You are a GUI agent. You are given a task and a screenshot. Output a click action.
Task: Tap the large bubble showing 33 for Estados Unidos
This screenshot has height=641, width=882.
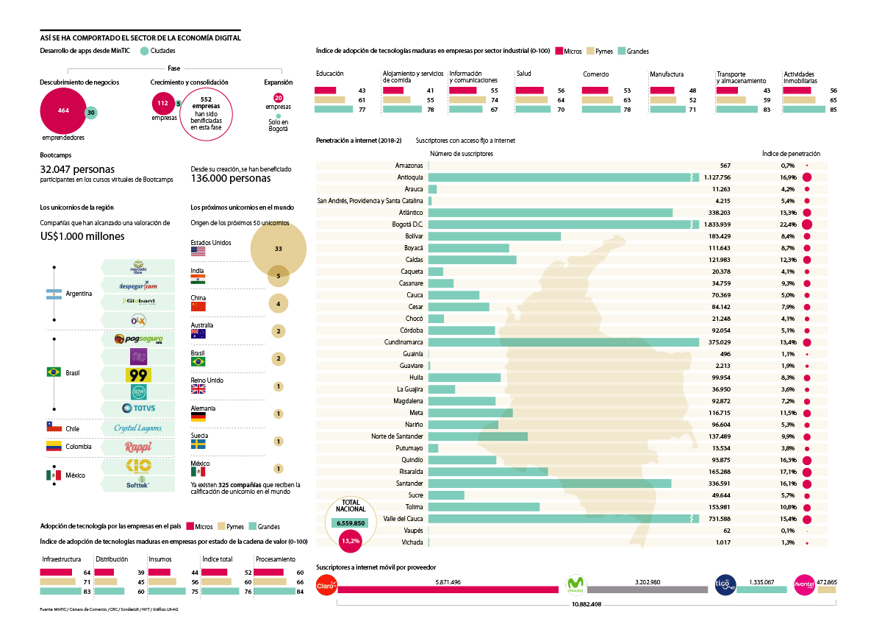pyautogui.click(x=278, y=249)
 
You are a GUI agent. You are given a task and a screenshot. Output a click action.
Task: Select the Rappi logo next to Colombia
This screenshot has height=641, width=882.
pyautogui.click(x=138, y=447)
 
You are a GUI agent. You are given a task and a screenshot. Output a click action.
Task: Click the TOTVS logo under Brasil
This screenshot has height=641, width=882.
pyautogui.click(x=138, y=408)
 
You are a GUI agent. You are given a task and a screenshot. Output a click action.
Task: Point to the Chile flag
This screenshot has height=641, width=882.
pyautogui.click(x=54, y=428)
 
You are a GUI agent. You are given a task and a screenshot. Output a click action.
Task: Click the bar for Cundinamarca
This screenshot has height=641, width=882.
pyautogui.click(x=563, y=342)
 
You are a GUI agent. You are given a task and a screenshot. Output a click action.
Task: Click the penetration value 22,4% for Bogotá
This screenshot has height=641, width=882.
pyautogui.click(x=789, y=224)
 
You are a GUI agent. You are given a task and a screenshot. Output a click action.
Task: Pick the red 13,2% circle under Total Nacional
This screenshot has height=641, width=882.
pyautogui.click(x=350, y=541)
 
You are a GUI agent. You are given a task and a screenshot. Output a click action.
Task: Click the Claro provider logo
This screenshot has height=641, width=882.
pyautogui.click(x=326, y=586)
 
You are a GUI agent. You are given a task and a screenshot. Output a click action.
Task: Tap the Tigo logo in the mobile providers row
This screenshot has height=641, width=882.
pyautogui.click(x=725, y=586)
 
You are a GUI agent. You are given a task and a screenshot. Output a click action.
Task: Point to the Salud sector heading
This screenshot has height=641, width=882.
pyautogui.click(x=523, y=74)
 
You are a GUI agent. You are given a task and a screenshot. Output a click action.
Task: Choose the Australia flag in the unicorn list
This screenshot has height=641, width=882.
pyautogui.click(x=198, y=333)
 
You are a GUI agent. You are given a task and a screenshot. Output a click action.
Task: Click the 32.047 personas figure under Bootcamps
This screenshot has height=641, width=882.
pyautogui.click(x=78, y=169)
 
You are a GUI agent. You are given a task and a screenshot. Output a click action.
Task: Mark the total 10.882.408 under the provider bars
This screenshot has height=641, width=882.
pyautogui.click(x=586, y=604)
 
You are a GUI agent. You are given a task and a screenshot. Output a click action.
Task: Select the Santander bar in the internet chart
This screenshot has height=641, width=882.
pyautogui.click(x=549, y=484)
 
